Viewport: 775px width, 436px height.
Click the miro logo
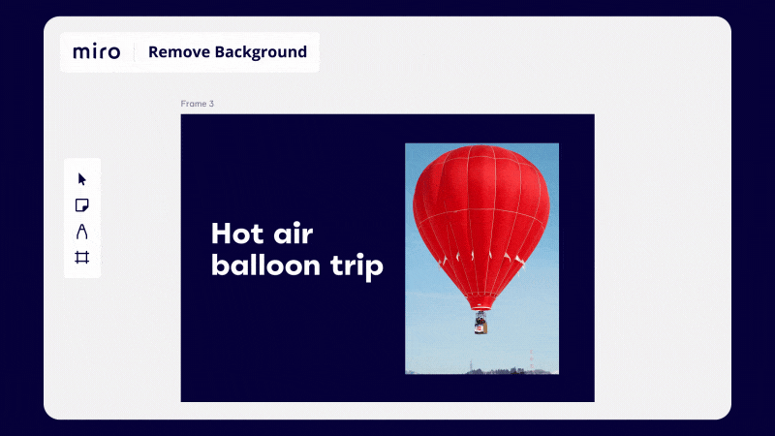point(96,51)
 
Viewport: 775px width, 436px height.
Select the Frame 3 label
point(198,104)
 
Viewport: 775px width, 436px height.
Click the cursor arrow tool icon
point(82,179)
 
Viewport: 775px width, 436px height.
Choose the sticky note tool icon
point(82,205)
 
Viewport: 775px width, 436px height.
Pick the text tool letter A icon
point(82,232)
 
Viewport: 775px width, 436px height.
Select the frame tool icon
point(82,258)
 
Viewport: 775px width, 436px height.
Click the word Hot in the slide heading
point(236,234)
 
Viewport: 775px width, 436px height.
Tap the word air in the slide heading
point(294,234)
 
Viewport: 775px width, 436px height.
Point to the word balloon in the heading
point(265,265)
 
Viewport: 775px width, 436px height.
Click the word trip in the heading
point(356,267)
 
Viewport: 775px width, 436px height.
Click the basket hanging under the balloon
point(480,323)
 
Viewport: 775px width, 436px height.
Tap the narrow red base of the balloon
point(480,302)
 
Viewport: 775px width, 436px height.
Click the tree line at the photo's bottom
point(504,371)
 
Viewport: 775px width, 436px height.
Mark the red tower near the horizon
point(531,359)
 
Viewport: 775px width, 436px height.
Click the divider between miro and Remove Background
point(135,52)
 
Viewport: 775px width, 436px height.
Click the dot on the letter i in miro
point(97,45)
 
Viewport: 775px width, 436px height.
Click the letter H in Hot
point(220,234)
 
